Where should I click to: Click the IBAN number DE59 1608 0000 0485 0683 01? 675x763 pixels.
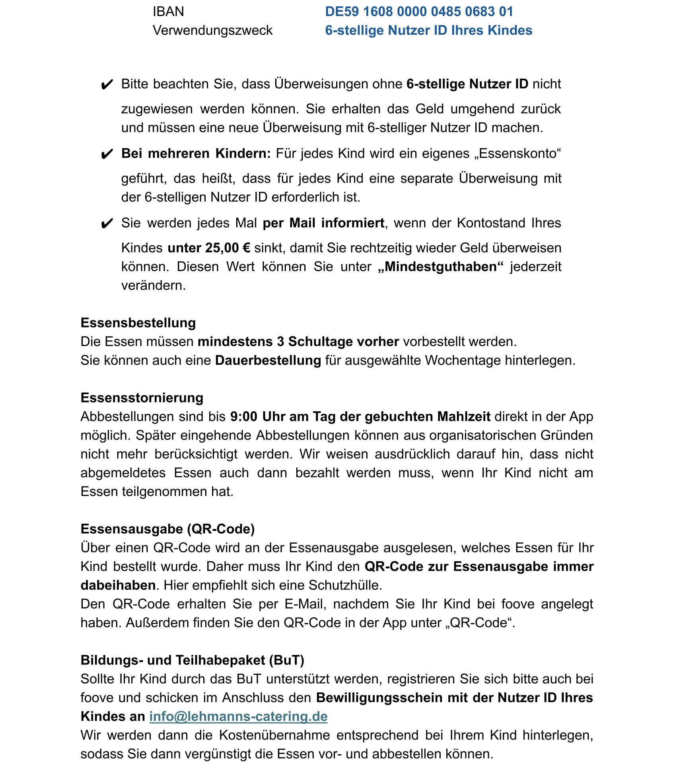click(419, 12)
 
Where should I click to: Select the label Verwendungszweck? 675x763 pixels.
click(212, 31)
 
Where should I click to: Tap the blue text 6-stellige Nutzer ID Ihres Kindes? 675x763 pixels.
click(428, 31)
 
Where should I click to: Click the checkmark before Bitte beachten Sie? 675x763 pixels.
click(107, 85)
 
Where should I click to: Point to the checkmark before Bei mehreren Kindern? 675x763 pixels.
click(107, 154)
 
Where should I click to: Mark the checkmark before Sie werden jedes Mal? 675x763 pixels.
click(107, 224)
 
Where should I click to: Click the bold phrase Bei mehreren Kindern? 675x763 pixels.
click(196, 153)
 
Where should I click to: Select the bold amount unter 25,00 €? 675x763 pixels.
click(209, 248)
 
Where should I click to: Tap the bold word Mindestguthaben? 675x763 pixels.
click(441, 267)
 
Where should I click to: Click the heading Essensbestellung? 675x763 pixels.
click(138, 323)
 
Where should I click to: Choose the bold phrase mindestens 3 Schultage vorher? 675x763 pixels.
click(298, 342)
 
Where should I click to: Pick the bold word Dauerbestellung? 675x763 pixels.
click(268, 360)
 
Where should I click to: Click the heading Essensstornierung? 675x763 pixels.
click(142, 398)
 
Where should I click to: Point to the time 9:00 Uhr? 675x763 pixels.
click(255, 416)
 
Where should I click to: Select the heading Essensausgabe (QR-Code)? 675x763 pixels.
click(167, 529)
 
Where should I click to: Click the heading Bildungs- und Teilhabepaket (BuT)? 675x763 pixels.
click(192, 660)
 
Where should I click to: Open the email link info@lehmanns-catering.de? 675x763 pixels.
click(238, 717)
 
